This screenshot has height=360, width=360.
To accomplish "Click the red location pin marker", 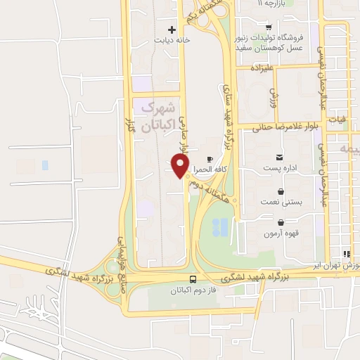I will tap(181, 166).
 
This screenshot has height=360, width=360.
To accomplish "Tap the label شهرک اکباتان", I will tap(157, 117).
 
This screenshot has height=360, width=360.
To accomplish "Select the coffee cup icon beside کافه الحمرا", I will tap(210, 159).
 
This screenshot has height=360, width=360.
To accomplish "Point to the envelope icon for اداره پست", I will tap(280, 157).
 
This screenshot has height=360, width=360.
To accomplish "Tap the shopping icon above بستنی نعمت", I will tap(281, 191).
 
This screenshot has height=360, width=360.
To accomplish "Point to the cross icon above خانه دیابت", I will tap(172, 30).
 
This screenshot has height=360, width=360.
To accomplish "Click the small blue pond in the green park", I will tap(220, 227).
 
